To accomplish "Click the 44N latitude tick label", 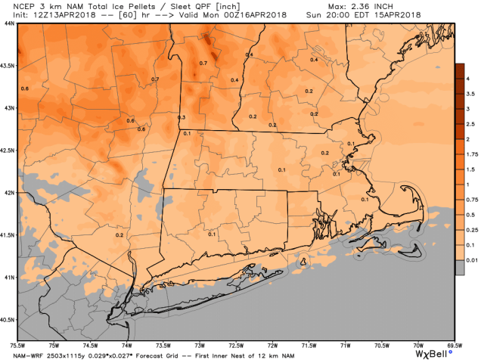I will (x=8, y=23).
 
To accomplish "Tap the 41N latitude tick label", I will (x=8, y=277).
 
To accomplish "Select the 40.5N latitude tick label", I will (x=8, y=319).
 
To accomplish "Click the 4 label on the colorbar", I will (x=470, y=78).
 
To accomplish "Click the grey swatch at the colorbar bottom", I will (x=459, y=267).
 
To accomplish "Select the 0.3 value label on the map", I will (x=182, y=118).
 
